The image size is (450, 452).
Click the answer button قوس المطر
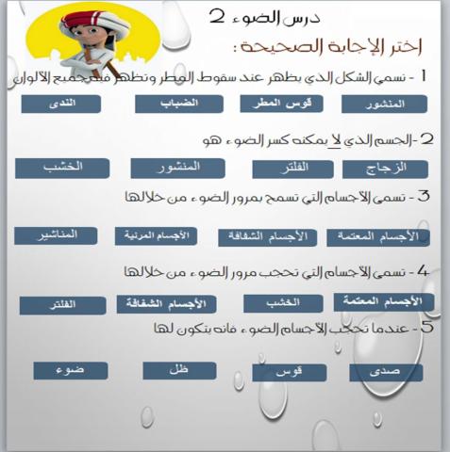[280, 103]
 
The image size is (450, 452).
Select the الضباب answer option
[179, 103]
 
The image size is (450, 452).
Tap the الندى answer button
[61, 104]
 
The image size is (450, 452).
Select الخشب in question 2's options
[62, 168]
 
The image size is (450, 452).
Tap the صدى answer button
[386, 372]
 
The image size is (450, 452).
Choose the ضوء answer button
[71, 370]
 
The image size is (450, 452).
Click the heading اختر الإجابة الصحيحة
[324, 46]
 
